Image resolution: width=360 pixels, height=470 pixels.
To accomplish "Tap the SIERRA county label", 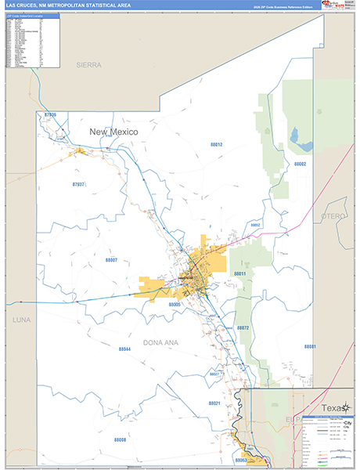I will click(x=88, y=64).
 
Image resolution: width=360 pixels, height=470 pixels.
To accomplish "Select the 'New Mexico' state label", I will click(x=113, y=132).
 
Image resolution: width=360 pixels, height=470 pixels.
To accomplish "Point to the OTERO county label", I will click(x=333, y=215).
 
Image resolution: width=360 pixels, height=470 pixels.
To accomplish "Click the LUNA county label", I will click(x=21, y=320).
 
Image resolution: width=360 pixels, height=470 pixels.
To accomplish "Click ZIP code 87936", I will click(x=52, y=115).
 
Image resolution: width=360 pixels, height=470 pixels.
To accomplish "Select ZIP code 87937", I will click(x=77, y=184).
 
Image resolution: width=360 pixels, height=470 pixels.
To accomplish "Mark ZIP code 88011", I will click(x=240, y=273).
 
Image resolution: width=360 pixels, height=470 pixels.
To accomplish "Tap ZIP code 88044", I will click(x=124, y=349).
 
